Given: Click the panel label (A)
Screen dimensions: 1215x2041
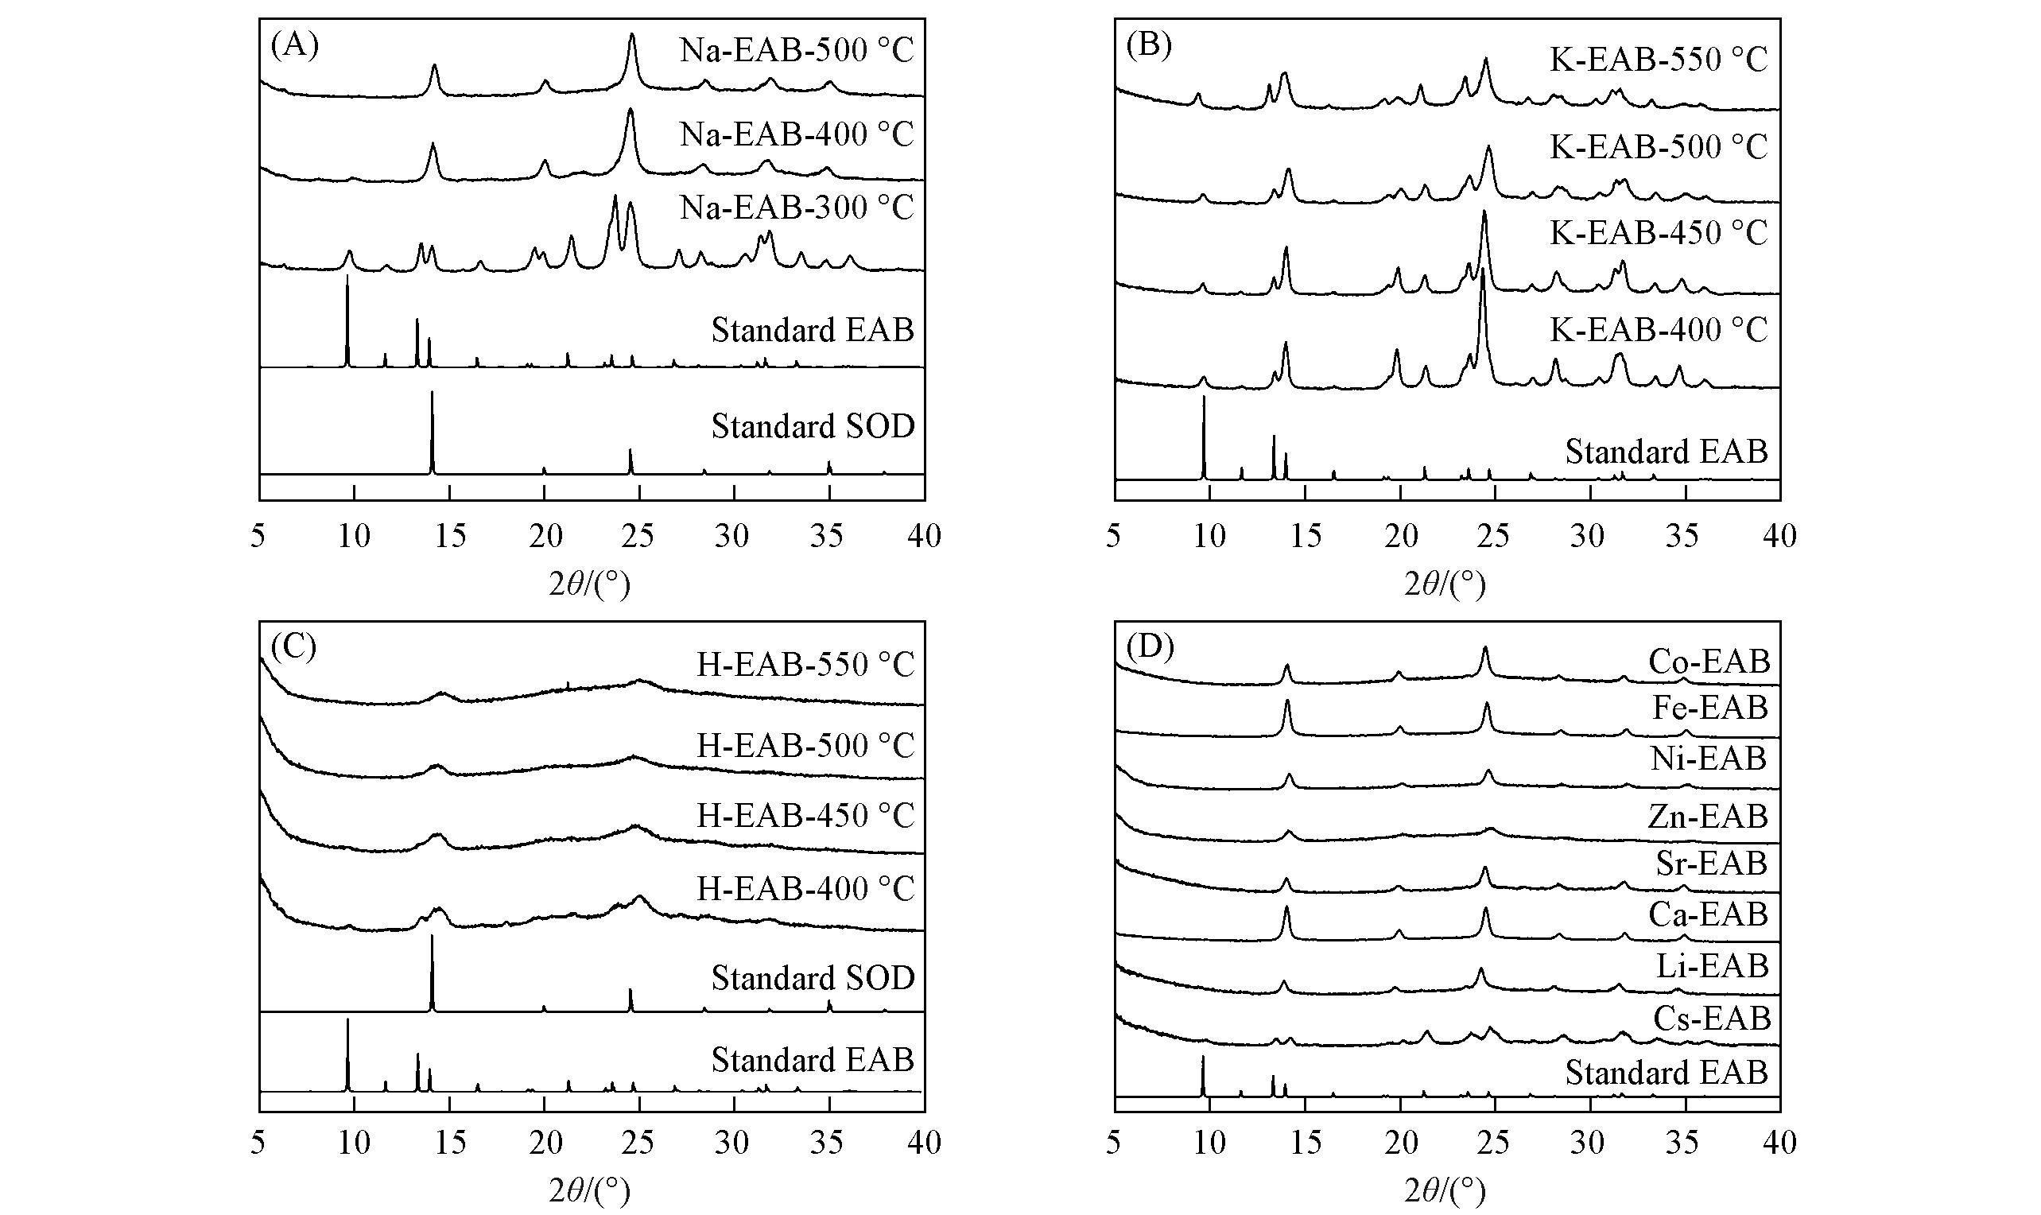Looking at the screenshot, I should pos(294,46).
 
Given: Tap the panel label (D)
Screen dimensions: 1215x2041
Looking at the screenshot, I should pos(1150,646).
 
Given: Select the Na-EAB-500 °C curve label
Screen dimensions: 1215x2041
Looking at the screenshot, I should pos(796,51).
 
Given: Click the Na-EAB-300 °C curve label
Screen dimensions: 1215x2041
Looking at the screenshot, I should pos(796,208).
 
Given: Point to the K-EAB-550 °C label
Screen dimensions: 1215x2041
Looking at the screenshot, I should pos(1659,60).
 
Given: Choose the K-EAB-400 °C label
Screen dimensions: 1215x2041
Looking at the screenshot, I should pos(1659,329).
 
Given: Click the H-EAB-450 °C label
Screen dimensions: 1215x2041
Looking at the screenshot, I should pos(805,816).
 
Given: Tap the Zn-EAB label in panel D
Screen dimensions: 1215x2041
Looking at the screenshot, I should pos(1708,817).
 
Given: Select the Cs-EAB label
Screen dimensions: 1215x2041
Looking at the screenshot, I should pos(1712,1019).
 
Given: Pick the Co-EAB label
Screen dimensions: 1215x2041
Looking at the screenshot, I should pos(1709,662).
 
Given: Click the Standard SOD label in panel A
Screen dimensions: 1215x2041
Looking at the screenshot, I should pos(812,426).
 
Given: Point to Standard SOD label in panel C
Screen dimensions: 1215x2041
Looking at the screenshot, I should pos(812,977).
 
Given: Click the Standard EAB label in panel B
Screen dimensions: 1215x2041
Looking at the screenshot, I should pos(1666,451).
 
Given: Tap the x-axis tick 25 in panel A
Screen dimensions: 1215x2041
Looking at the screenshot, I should pos(638,536).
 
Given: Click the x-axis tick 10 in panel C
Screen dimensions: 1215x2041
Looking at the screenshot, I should pos(354,1142).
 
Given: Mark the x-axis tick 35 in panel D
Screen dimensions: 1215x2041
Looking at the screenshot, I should pos(1683,1142).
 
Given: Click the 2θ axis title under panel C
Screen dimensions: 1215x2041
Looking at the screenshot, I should pos(589,1191).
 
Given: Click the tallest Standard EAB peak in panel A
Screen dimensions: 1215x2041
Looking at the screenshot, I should pos(347,278).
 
